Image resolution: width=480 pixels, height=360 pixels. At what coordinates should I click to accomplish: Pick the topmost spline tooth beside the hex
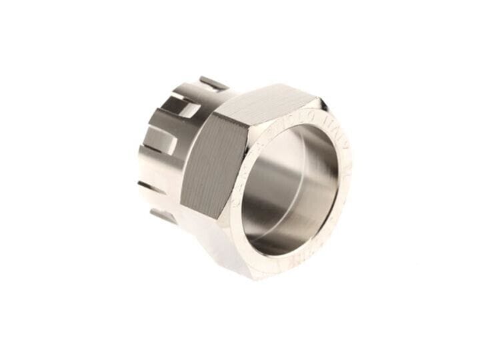pos(213,83)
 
